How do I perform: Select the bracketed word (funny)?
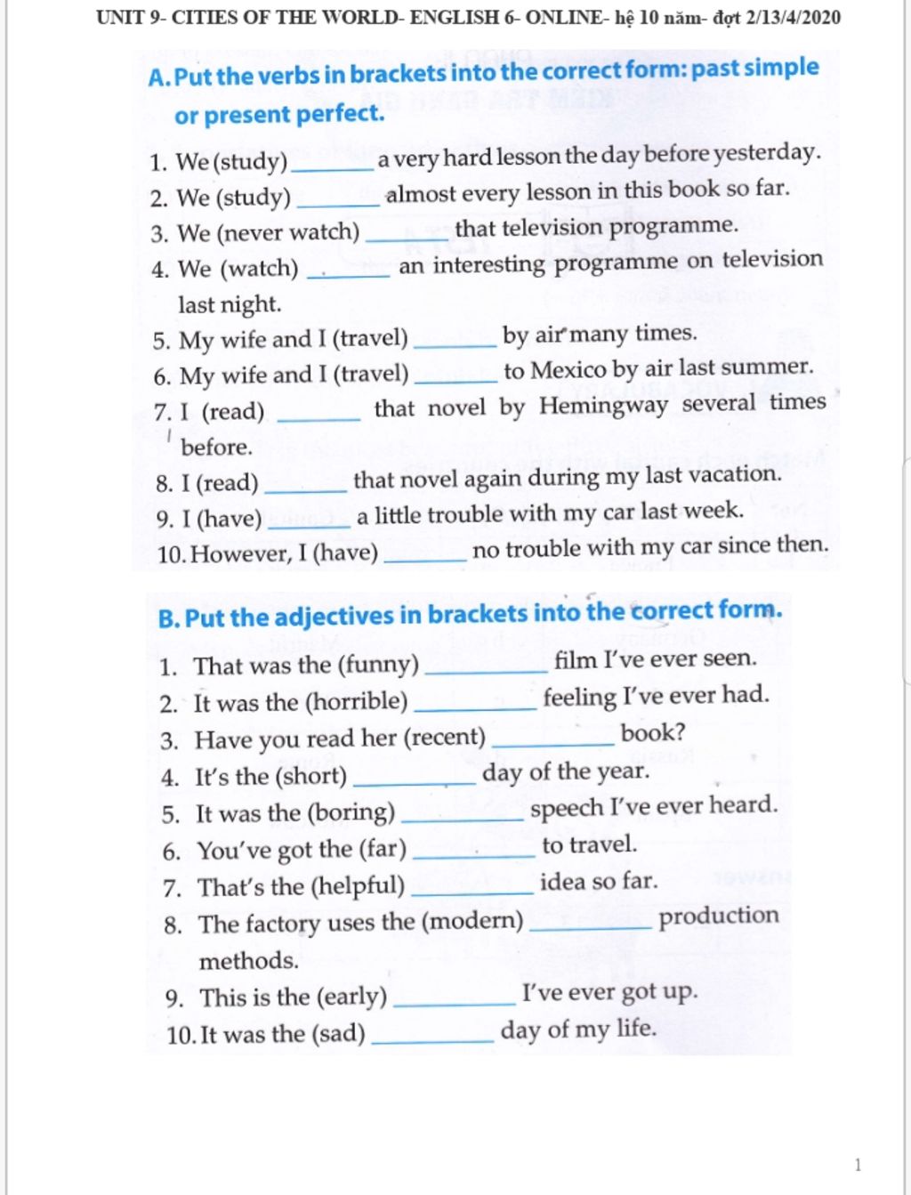(x=374, y=664)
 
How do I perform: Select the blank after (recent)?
(x=552, y=741)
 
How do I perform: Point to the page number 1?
(x=858, y=1165)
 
